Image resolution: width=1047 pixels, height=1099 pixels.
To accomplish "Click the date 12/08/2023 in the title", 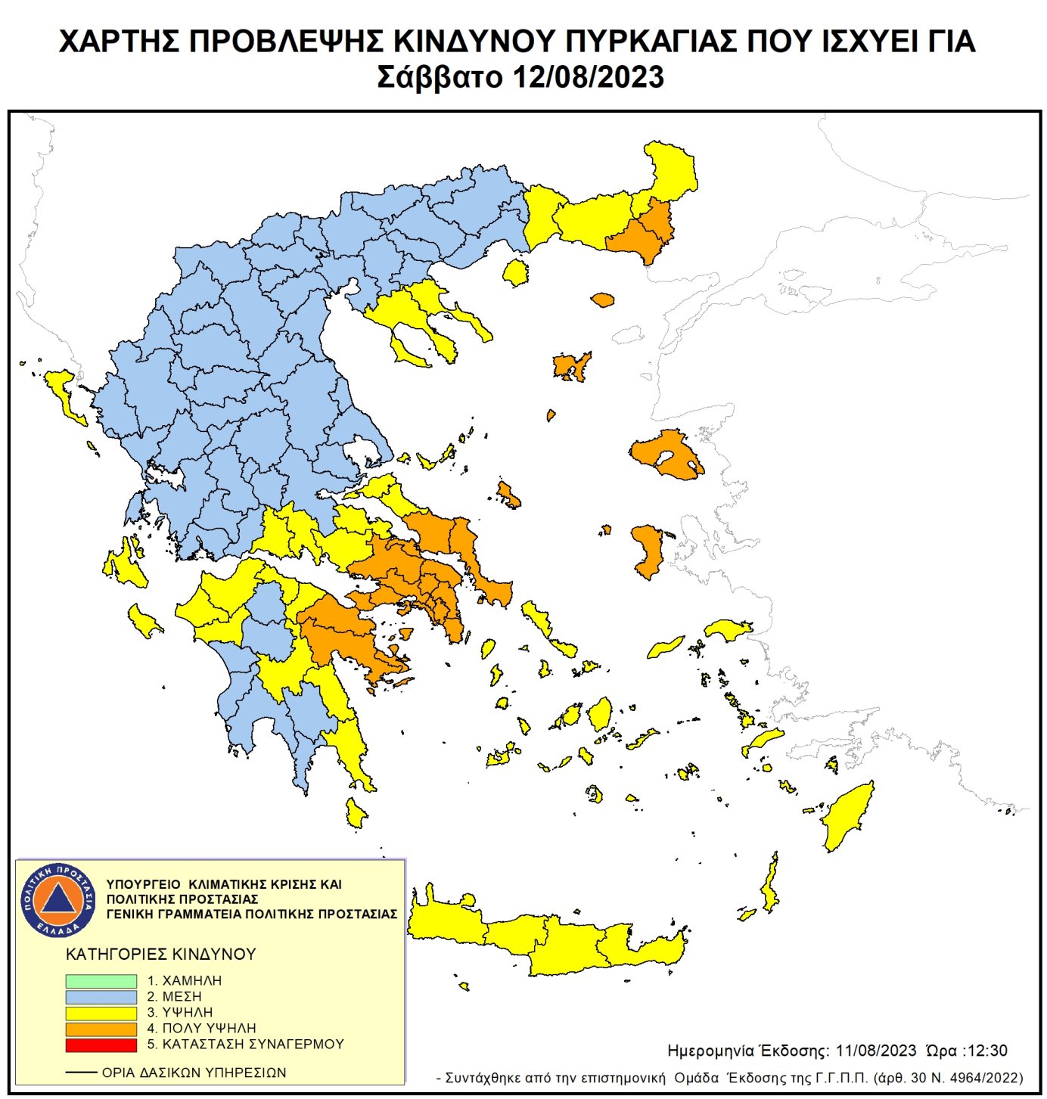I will [588, 77].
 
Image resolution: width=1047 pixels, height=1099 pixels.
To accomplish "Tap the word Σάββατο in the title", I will [439, 77].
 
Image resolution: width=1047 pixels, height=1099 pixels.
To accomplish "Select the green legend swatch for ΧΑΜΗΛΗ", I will [101, 981].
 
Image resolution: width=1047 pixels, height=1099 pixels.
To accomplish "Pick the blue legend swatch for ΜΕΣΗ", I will [101, 997].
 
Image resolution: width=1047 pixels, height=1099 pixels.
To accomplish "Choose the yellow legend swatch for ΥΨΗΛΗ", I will [101, 1013].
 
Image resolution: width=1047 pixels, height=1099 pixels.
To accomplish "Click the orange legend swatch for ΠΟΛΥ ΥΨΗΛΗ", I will [101, 1029].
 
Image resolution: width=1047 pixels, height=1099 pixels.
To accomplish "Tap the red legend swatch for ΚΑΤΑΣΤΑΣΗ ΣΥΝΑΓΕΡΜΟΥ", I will [101, 1045].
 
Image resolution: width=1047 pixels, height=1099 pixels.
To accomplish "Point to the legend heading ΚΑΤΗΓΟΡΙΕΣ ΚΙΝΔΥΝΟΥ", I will [160, 955].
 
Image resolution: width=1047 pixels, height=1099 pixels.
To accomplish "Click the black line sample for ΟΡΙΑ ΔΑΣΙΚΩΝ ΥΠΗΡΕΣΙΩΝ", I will [81, 1073].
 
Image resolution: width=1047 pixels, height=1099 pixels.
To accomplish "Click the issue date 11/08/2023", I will [876, 1051].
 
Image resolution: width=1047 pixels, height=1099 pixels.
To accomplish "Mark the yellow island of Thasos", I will [516, 272].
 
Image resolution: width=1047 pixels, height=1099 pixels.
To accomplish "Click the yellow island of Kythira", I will [355, 813].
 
